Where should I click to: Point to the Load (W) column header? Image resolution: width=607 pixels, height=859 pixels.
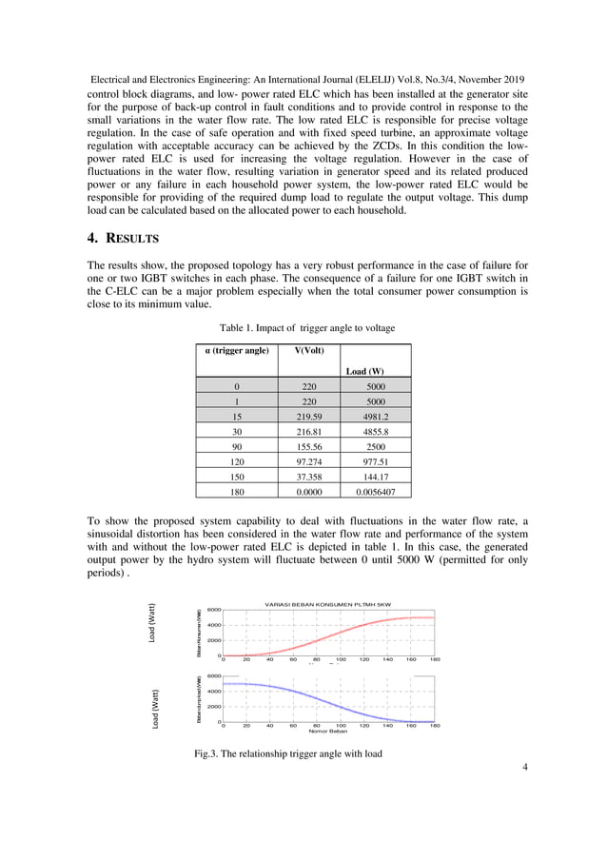pos(365,371)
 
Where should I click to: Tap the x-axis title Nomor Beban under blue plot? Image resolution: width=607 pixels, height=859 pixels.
pos(327,732)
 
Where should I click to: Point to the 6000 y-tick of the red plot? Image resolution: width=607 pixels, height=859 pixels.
pos(215,610)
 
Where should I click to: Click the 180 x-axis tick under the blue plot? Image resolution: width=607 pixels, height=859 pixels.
pos(435,726)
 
